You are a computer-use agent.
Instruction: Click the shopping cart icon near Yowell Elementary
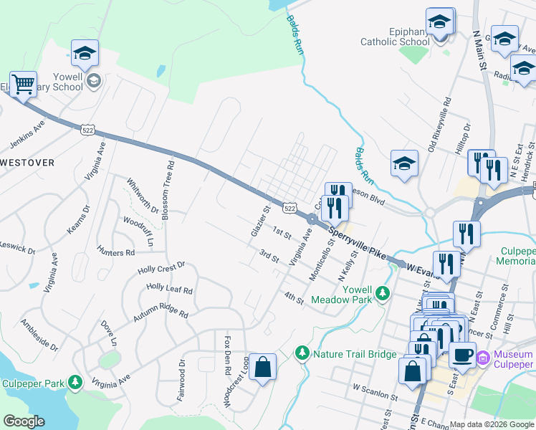(x=23, y=85)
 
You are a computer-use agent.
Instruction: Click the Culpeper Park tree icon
(x=74, y=383)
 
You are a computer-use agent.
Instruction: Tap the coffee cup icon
(x=462, y=353)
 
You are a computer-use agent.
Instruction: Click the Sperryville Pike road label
(x=358, y=242)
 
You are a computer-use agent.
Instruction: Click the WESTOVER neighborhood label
(x=27, y=163)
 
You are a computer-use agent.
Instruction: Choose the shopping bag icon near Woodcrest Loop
(x=263, y=367)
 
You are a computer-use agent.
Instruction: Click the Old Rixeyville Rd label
(x=439, y=124)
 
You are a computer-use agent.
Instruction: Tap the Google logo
(x=24, y=421)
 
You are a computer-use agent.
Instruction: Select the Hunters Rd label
(x=115, y=252)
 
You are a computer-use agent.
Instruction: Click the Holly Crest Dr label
(x=161, y=268)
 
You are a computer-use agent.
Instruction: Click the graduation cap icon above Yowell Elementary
(x=85, y=52)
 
